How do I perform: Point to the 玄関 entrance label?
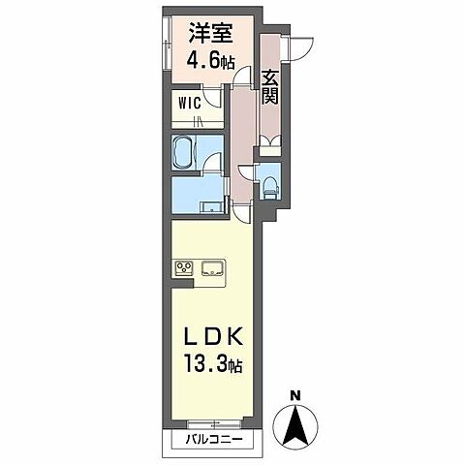click(271, 87)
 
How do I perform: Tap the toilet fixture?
click(270, 185)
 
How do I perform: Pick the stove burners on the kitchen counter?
click(183, 268)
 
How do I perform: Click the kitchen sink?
click(212, 268)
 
